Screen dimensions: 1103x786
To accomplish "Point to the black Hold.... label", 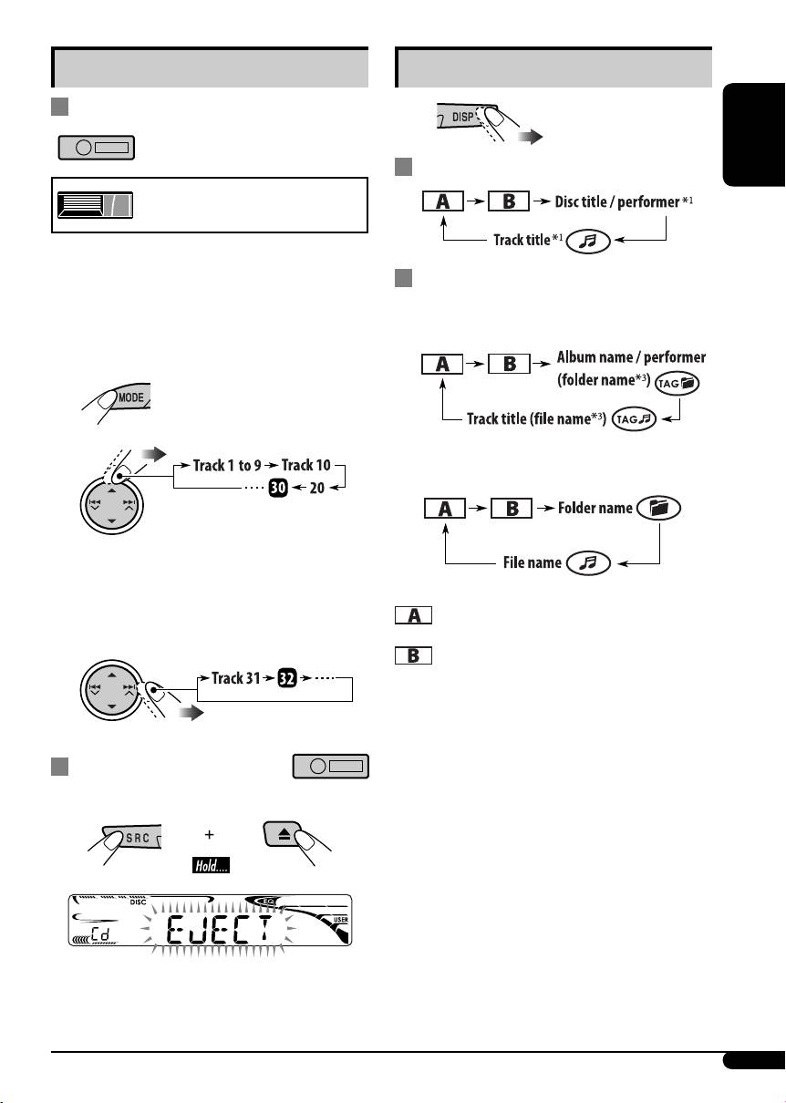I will point(210,862).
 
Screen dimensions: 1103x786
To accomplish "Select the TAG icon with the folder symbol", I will point(678,386).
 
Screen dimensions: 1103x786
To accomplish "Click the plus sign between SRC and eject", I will point(210,833).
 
